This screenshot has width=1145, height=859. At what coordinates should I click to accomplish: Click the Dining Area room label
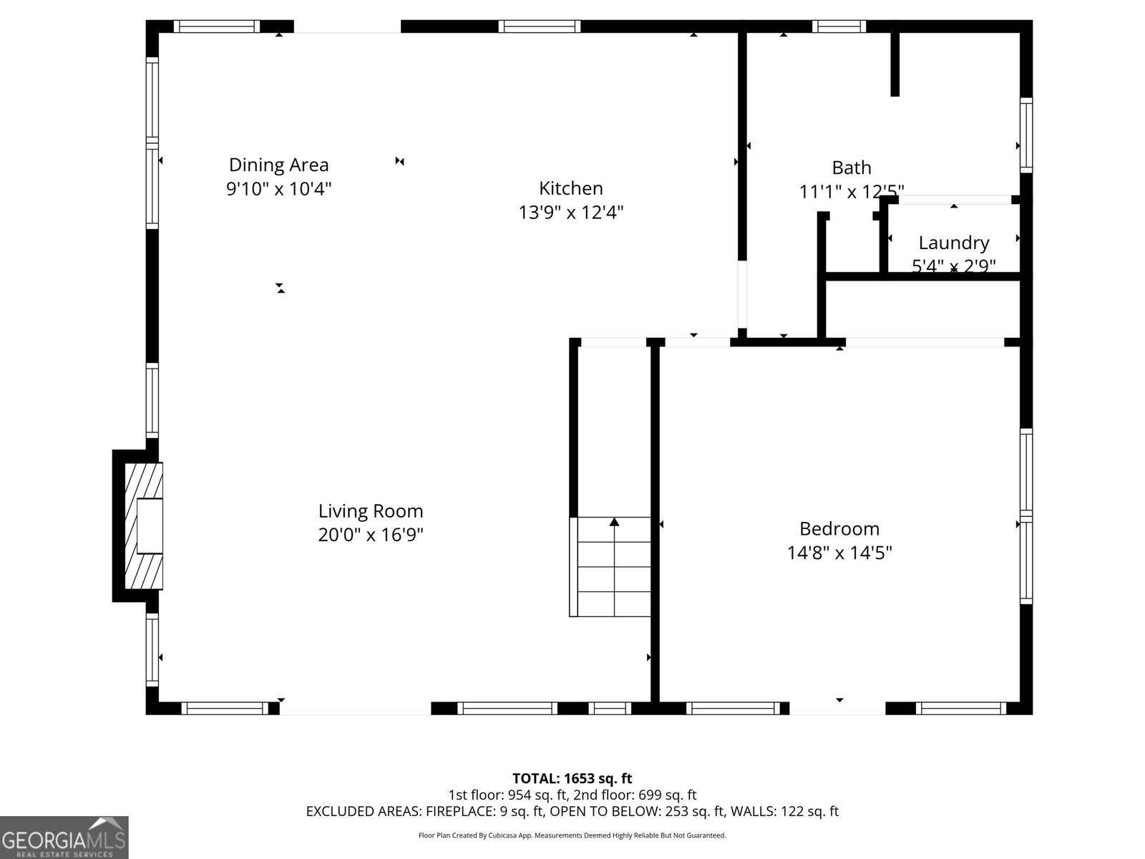pos(278,165)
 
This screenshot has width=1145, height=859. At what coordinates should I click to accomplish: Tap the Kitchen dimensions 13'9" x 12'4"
pos(571,213)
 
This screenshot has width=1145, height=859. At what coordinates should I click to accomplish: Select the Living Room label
pos(371,511)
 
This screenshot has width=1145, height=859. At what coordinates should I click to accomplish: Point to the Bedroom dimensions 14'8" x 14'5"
pos(839,553)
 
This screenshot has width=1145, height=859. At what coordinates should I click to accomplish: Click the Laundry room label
pos(953,243)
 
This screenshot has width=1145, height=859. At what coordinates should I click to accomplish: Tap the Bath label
pos(851,168)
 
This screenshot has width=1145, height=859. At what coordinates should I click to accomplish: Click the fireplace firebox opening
pos(150,526)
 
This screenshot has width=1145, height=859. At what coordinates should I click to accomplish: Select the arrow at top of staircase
pos(614,523)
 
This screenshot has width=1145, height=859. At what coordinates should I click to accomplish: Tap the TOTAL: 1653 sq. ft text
pos(572,778)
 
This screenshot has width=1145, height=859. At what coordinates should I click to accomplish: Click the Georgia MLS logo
pos(64,838)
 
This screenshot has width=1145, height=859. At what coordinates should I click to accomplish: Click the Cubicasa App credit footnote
pos(572,835)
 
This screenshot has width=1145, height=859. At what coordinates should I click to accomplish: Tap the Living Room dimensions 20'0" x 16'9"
pos(371,535)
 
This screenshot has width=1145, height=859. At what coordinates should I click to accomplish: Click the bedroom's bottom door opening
pos(837,708)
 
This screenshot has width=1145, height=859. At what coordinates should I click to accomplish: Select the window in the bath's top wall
pos(839,26)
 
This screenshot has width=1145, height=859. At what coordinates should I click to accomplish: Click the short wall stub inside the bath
pos(895,63)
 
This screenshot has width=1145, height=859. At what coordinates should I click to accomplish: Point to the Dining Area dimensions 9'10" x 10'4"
pos(278,189)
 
